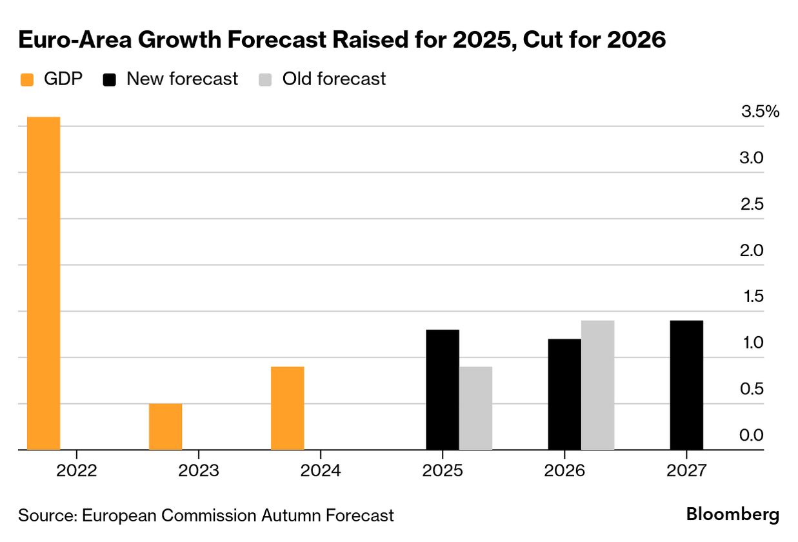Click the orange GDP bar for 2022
tap(43, 283)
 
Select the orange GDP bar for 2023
tap(165, 427)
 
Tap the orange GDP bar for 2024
tap(287, 408)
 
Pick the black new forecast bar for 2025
tap(443, 390)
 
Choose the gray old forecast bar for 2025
tap(475, 408)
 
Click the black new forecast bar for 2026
tap(564, 394)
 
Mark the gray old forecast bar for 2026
tap(597, 385)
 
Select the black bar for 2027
tap(686, 385)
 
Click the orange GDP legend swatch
tap(27, 80)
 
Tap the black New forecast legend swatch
tap(110, 80)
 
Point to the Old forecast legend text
tap(334, 79)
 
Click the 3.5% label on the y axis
tap(761, 112)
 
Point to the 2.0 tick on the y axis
tap(752, 250)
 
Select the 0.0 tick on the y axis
tap(752, 436)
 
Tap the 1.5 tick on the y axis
tap(752, 297)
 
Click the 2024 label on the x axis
tap(321, 470)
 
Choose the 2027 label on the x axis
tap(686, 470)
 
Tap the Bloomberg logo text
tap(732, 515)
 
